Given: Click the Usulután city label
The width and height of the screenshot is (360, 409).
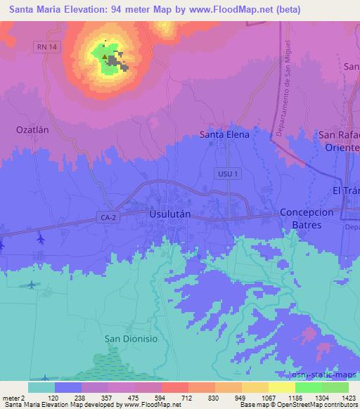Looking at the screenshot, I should coord(169,212).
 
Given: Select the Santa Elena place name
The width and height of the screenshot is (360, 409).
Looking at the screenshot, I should coord(224,134).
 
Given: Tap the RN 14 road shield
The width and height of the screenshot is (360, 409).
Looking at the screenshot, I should coord(46,46).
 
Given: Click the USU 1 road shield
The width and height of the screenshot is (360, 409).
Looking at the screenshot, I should coord(228,172).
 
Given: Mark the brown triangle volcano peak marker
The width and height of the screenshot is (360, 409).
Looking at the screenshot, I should coord(105,57).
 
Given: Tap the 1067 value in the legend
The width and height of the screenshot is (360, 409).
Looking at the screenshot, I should coord(269,397).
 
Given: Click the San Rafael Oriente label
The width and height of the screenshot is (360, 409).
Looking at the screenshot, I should coord(340,141).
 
